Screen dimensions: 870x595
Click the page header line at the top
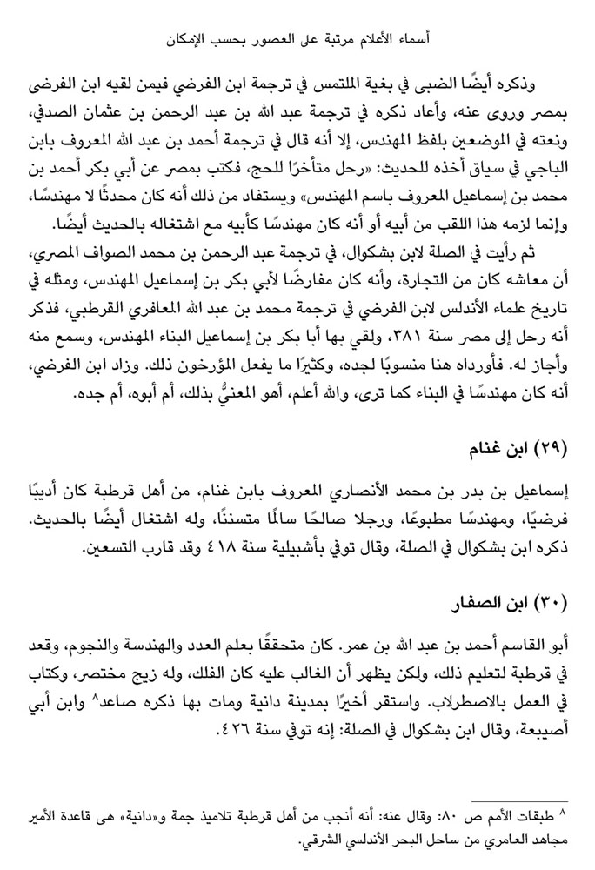coord(297,38)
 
